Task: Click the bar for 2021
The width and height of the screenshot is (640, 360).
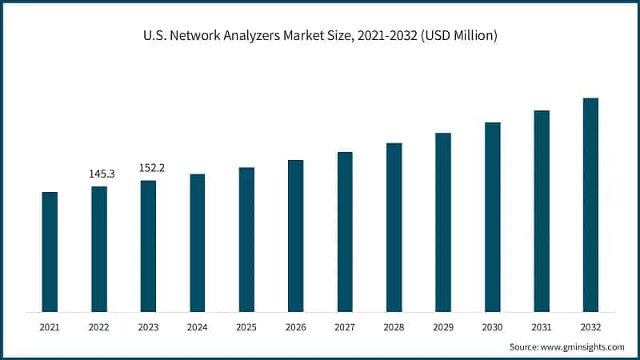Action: (50, 252)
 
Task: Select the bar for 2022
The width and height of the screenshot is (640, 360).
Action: (99, 249)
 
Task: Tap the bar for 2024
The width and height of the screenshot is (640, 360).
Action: (198, 242)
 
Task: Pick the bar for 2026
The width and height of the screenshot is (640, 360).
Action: (296, 236)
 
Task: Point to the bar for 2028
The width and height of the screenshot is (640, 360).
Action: (394, 227)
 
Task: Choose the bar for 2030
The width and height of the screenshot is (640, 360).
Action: (493, 217)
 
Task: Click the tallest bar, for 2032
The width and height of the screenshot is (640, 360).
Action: (590, 205)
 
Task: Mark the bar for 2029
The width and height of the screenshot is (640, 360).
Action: (443, 222)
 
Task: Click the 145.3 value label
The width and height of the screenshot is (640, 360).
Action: (102, 174)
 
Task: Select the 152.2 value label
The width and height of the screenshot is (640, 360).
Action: (150, 168)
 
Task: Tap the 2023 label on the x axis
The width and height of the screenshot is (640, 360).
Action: (148, 327)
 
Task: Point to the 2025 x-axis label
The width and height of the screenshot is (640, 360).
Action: (246, 327)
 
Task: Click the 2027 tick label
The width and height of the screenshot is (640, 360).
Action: (345, 327)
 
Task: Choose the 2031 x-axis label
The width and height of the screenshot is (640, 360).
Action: (542, 327)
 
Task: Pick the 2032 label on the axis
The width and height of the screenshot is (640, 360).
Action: (590, 327)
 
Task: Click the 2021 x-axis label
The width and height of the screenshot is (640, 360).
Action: (50, 327)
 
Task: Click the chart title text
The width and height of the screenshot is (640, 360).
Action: (320, 35)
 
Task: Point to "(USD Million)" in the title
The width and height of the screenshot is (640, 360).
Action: (462, 35)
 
